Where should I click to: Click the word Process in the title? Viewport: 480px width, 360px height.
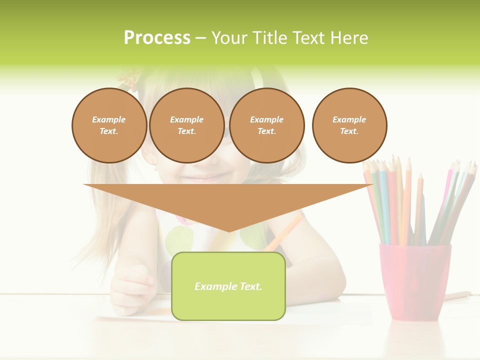157,38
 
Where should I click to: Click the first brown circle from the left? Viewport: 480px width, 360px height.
109,125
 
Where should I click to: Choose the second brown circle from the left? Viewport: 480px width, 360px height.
186,125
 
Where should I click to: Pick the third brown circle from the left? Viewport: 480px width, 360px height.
266,125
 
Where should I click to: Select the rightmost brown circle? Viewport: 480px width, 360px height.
349,125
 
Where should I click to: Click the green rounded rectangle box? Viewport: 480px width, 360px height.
228,286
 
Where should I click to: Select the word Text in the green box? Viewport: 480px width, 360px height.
250,286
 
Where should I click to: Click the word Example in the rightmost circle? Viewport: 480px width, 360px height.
349,119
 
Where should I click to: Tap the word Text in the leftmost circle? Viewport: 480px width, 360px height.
108,131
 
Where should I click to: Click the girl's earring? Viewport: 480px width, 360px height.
155,168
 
